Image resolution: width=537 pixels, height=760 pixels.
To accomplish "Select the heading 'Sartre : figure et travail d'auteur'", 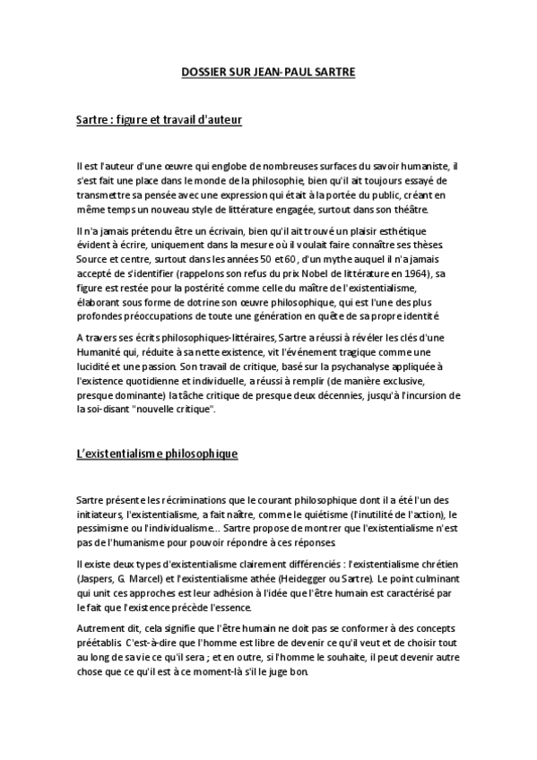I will click(x=160, y=118).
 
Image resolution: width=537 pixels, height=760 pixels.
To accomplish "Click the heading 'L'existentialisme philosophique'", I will click(x=156, y=454).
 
